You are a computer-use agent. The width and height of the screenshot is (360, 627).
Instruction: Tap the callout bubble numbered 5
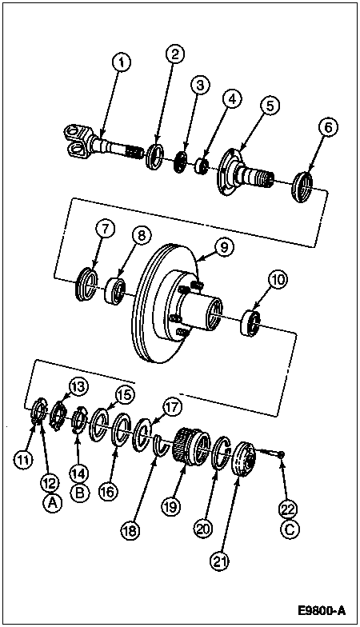(270, 106)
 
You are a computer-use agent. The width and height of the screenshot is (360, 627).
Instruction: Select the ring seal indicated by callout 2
(155, 157)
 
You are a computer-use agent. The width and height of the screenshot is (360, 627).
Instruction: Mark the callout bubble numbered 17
(172, 408)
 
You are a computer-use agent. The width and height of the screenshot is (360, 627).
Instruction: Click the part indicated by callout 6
(304, 187)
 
